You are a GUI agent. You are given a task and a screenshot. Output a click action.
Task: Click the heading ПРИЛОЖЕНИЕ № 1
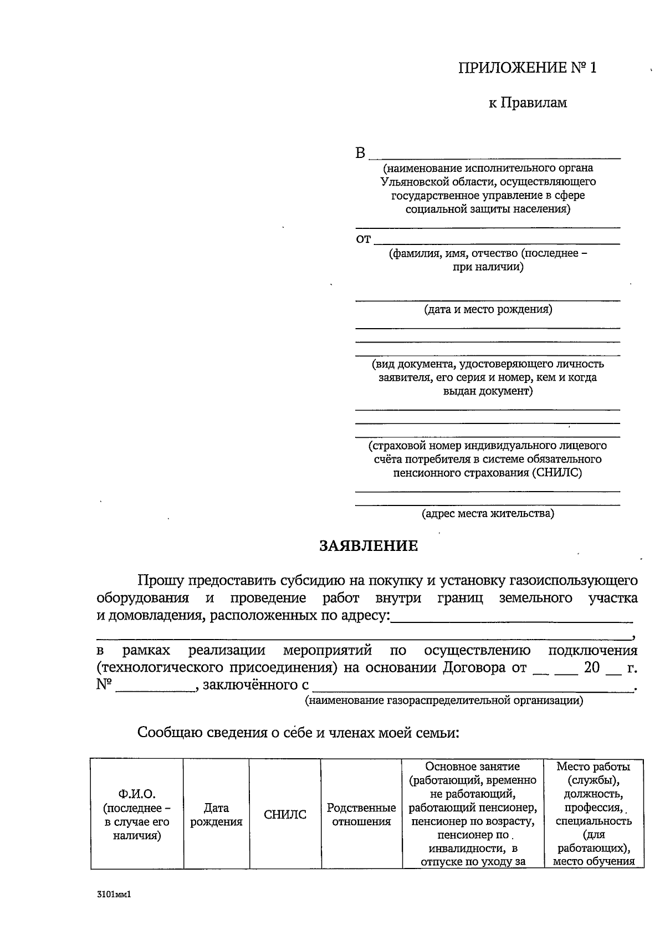[528, 68]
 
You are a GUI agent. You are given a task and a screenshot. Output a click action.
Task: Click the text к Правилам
[528, 103]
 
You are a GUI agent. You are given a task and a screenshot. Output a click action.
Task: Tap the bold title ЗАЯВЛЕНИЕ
[369, 546]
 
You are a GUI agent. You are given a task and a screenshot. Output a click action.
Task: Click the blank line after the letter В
[494, 154]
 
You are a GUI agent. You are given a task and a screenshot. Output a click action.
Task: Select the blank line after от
[497, 240]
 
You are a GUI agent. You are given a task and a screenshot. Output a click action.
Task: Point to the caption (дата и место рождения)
[488, 309]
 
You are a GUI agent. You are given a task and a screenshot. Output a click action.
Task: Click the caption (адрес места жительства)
[488, 513]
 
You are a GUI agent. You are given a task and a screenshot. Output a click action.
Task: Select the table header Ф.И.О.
[137, 795]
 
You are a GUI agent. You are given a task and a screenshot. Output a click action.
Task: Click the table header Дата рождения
[216, 815]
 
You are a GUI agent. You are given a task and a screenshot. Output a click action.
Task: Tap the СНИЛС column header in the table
[285, 815]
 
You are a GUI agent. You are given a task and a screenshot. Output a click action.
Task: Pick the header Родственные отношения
[361, 815]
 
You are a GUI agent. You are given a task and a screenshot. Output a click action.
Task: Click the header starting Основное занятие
[472, 767]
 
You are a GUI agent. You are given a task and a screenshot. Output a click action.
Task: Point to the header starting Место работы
[593, 767]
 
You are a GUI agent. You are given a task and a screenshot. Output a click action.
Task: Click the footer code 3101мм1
[112, 894]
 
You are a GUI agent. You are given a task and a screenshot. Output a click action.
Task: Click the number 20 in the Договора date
[592, 667]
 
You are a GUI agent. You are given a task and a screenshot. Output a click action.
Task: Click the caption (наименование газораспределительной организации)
[444, 701]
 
